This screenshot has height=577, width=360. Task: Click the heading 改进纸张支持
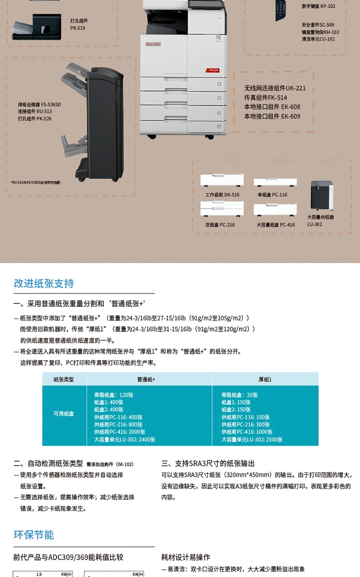(44, 283)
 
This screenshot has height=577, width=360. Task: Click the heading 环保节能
(34, 535)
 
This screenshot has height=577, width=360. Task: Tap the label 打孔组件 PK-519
(79, 24)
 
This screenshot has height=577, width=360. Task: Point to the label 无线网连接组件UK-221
(275, 88)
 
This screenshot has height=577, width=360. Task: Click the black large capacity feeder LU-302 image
(322, 196)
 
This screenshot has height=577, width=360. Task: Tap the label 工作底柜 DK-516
(222, 195)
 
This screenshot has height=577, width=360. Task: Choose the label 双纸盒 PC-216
(220, 224)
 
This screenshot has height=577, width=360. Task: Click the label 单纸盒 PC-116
(272, 195)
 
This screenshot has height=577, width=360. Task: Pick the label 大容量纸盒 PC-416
(276, 224)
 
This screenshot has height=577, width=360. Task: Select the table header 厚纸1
(265, 379)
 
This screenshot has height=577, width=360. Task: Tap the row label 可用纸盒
(64, 413)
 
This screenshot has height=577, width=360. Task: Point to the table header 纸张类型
(64, 379)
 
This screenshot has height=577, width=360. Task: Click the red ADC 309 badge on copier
(214, 70)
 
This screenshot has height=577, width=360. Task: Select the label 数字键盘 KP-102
(318, 7)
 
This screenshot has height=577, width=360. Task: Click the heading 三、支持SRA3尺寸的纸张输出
(208, 463)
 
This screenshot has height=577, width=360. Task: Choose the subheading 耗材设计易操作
(185, 557)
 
